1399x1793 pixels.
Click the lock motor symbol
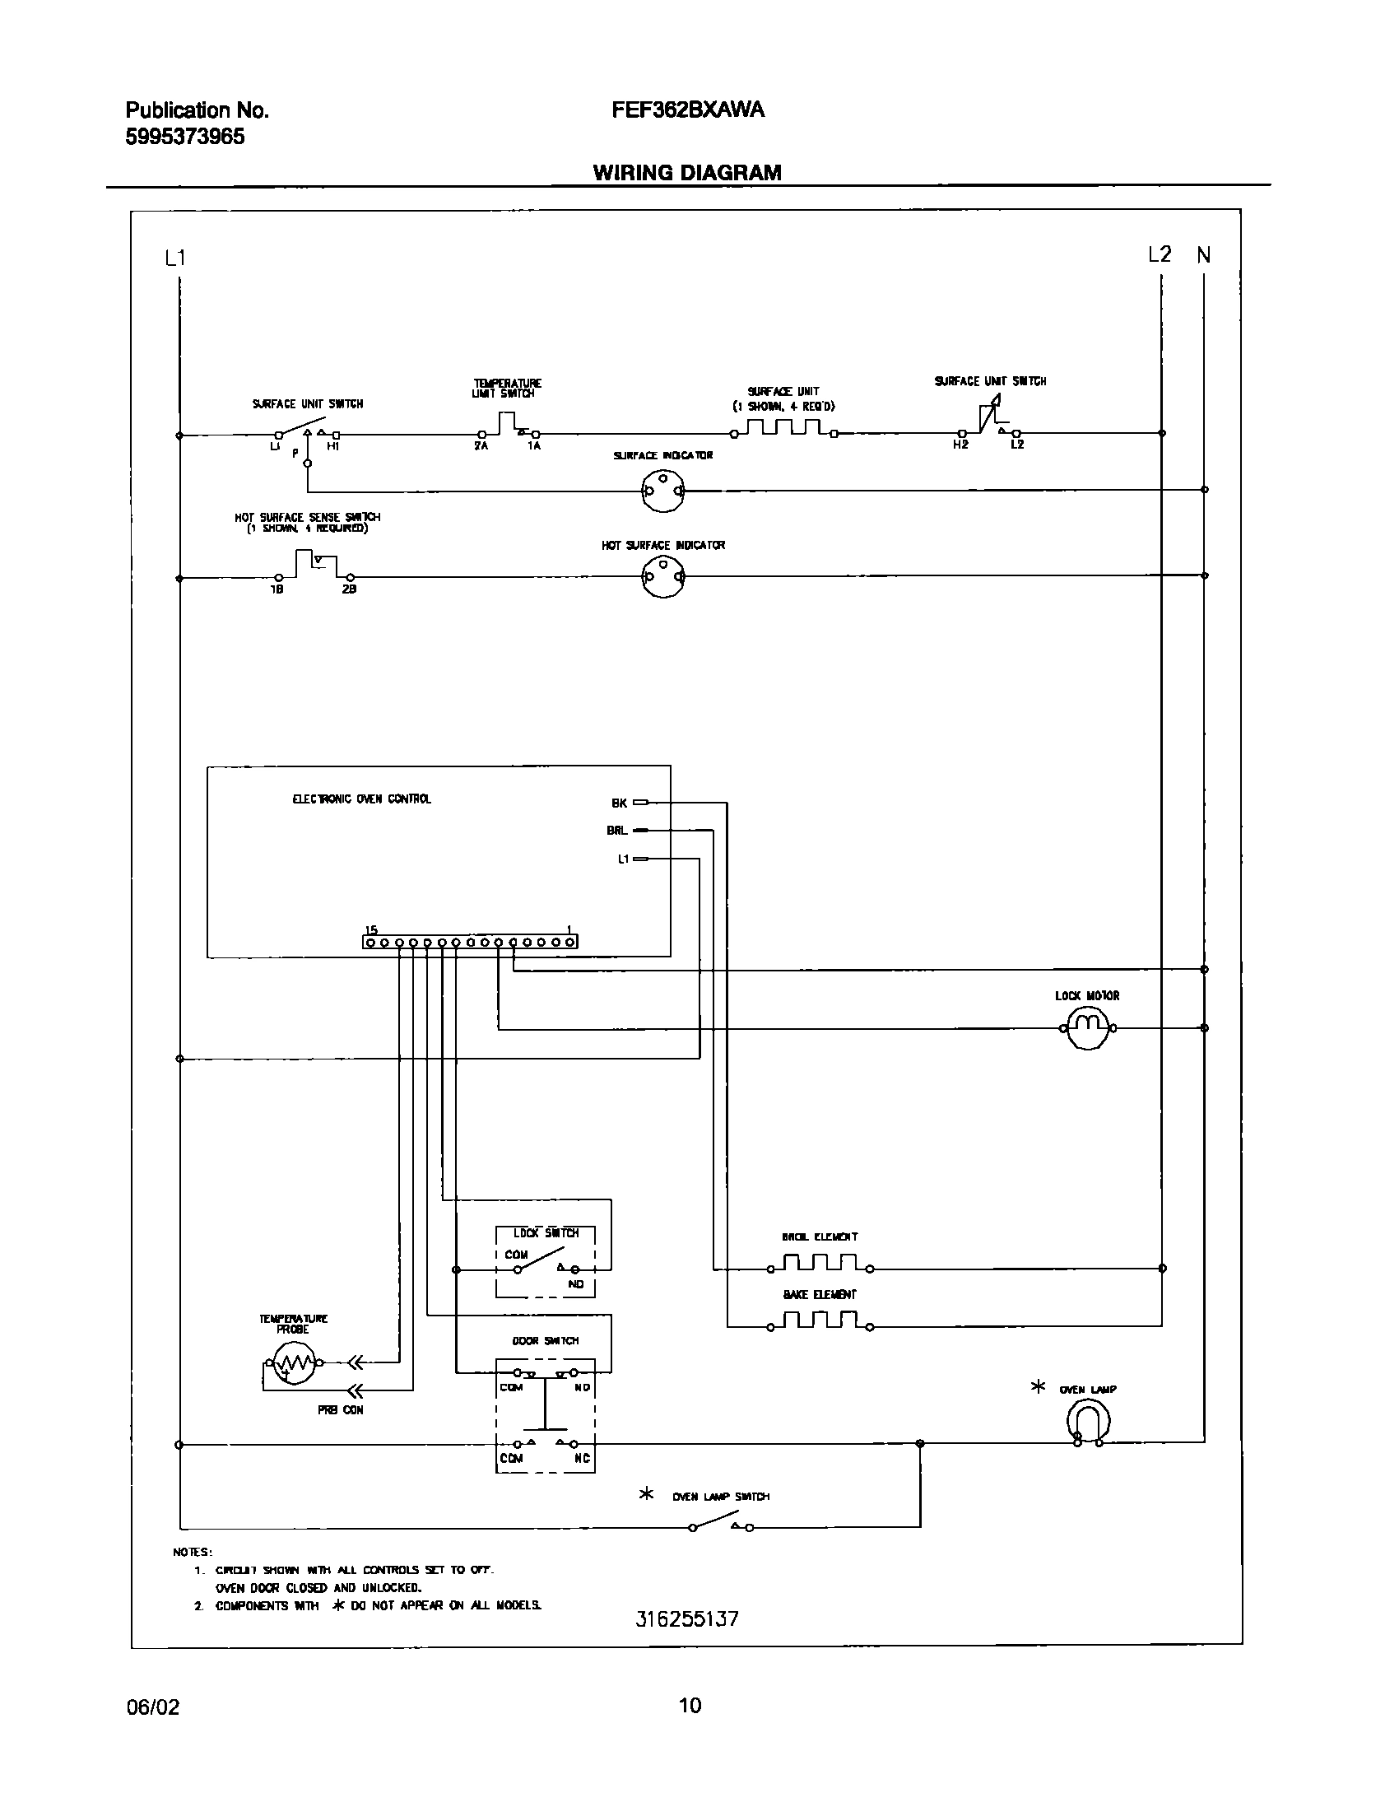[x=1087, y=1027]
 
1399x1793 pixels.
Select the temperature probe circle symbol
[x=294, y=1362]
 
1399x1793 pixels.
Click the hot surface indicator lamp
[x=662, y=577]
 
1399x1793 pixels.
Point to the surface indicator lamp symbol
[x=662, y=491]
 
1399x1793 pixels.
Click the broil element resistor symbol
[x=820, y=1263]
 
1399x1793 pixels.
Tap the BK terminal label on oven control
[x=619, y=803]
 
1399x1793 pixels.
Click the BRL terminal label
[x=616, y=831]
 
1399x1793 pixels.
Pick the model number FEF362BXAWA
[x=688, y=110]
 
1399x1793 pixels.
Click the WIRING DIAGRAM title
[x=687, y=173]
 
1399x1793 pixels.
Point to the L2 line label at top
[x=1159, y=255]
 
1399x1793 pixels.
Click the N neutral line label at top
[x=1203, y=256]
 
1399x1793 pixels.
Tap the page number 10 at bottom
[x=690, y=1705]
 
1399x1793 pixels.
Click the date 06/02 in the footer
[x=152, y=1707]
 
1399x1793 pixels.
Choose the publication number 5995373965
[x=184, y=137]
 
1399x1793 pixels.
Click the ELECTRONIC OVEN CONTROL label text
[x=361, y=799]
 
